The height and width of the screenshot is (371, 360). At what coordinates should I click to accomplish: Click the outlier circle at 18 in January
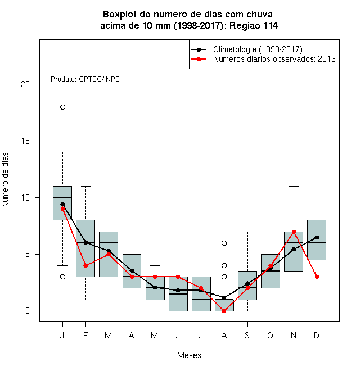point(62,107)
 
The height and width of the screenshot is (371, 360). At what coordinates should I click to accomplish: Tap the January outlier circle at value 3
point(62,277)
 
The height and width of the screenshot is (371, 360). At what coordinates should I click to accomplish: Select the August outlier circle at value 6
point(224,243)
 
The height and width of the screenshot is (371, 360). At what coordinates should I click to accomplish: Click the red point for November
point(294,232)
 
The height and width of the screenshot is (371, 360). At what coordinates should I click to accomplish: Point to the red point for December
point(317,277)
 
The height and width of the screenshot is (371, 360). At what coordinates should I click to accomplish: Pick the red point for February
point(85,265)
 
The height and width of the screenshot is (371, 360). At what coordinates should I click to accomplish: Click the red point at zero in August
point(224,311)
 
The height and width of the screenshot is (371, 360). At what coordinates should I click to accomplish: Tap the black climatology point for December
point(317,237)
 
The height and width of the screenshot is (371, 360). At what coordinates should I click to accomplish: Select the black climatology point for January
point(62,204)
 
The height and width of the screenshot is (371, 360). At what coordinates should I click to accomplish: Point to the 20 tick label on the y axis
point(25,84)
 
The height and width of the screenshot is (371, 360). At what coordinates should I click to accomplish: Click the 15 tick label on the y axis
point(25,141)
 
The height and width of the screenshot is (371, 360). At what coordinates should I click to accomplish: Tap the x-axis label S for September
point(247,335)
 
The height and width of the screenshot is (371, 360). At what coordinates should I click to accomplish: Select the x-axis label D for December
point(317,335)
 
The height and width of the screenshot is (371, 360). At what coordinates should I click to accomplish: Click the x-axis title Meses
point(189,355)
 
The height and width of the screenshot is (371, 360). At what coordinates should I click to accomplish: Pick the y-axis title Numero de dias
point(5,180)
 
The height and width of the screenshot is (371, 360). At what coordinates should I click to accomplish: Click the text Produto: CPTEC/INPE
point(85,79)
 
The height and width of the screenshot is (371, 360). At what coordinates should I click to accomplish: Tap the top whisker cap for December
point(317,164)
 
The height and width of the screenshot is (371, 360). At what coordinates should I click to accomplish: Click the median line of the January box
point(62,197)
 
